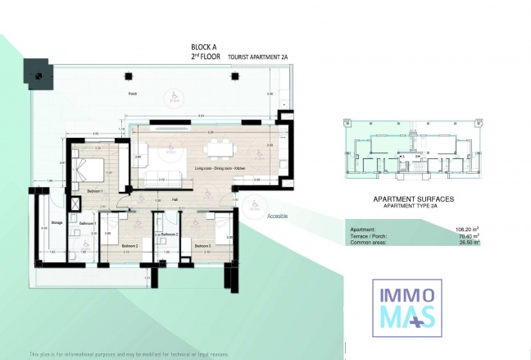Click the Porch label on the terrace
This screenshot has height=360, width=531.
(x=132, y=94)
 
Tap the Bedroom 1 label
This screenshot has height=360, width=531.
(x=93, y=190)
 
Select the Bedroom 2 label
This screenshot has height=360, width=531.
(x=129, y=245)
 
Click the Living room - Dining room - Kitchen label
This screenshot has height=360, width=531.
(x=220, y=169)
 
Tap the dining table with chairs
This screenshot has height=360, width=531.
(x=218, y=148)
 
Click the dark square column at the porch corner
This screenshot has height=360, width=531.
(x=37, y=74)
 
